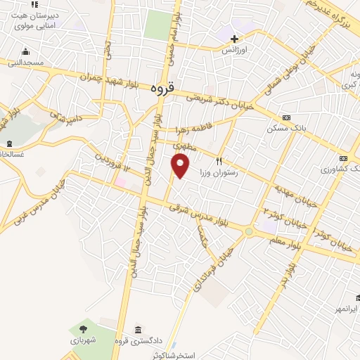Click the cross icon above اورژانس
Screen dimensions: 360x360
[235, 39]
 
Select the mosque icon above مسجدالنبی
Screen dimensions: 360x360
[26, 51]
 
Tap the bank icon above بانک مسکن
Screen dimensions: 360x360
[285, 117]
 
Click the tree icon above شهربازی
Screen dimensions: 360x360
[84, 328]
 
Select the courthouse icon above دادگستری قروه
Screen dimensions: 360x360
[139, 330]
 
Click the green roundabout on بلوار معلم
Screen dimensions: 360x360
[249, 231]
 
